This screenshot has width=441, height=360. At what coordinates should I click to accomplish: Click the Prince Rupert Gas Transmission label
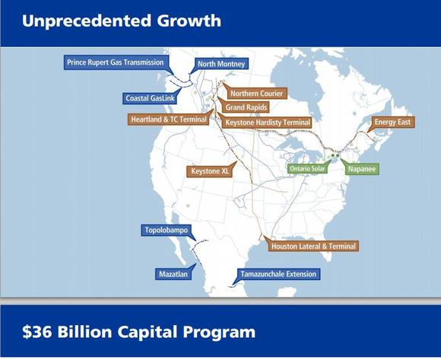pos(116,62)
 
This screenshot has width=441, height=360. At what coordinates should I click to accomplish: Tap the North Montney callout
pos(221,64)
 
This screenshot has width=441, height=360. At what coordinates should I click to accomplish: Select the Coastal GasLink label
pos(150,98)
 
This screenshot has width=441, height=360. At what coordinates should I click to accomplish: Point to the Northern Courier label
pos(256,94)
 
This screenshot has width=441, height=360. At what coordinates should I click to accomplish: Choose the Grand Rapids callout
pos(246,107)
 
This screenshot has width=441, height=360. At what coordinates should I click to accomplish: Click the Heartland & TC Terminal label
pos(169,119)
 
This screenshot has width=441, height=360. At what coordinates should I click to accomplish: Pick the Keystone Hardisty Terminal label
pos(268,123)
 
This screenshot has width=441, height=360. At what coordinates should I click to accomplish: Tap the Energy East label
pos(392,123)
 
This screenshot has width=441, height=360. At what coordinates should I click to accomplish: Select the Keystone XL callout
pos(210,171)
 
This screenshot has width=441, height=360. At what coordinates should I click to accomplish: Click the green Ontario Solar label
pos(307,169)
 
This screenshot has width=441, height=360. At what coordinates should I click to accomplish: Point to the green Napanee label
pos(362,169)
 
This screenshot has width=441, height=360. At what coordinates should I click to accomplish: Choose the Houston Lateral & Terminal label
pos(313,247)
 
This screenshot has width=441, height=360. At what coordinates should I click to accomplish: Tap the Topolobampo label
pos(167,231)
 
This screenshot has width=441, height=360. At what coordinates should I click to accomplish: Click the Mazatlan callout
pos(173,274)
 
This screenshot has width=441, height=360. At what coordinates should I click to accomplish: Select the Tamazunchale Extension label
pos(278,274)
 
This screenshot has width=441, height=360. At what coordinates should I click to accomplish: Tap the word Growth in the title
pos(189,21)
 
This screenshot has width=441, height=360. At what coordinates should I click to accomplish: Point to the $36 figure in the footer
pos(36,332)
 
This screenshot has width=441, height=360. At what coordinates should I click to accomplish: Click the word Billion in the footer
pos(84,332)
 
